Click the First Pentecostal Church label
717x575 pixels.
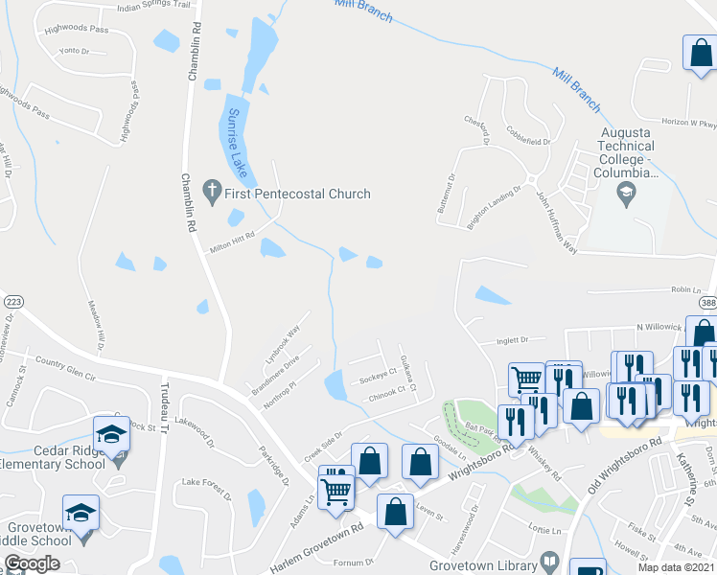pyautogui.click(x=297, y=195)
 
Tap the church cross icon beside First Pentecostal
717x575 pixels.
pyautogui.click(x=213, y=194)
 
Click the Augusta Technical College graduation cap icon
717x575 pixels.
pyautogui.click(x=627, y=196)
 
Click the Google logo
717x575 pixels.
pyautogui.click(x=32, y=563)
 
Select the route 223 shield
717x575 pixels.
pyautogui.click(x=13, y=301)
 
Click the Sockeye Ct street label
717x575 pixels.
pyautogui.click(x=378, y=378)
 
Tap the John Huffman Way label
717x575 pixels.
pyautogui.click(x=557, y=225)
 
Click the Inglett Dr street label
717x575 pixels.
pyautogui.click(x=513, y=339)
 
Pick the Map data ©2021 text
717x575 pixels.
pyautogui.click(x=676, y=567)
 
